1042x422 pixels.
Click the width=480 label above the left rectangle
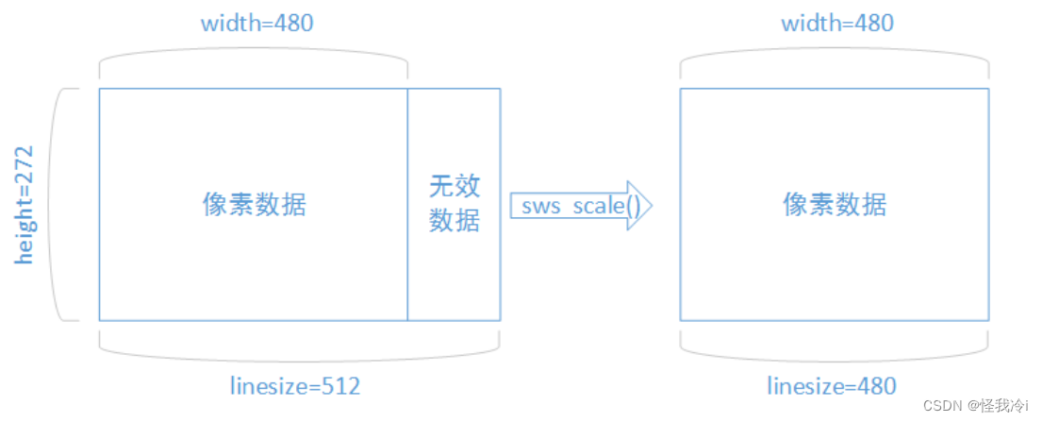pyautogui.click(x=256, y=23)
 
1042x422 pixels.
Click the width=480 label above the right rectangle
pyautogui.click(x=837, y=23)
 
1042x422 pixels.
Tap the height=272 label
pyautogui.click(x=24, y=204)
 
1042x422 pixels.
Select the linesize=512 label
pyautogui.click(x=295, y=386)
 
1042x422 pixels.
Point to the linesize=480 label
pyautogui.click(x=832, y=386)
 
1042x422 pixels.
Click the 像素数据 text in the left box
pyautogui.click(x=255, y=205)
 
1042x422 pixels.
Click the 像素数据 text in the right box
pyautogui.click(x=835, y=205)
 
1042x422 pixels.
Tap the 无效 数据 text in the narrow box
pyautogui.click(x=455, y=203)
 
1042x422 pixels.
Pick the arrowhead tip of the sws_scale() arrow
pyautogui.click(x=652, y=206)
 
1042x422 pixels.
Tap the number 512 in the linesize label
pyautogui.click(x=340, y=386)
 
